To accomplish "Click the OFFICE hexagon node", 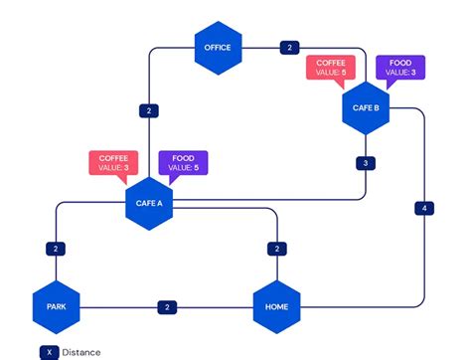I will tap(217, 48).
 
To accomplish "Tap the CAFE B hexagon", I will tap(366, 108).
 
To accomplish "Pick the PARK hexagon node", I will tap(56, 306).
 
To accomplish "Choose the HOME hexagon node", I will tap(276, 306).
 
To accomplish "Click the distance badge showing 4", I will tap(424, 208).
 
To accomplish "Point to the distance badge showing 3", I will tap(366, 163).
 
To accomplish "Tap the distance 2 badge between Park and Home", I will tap(167, 306).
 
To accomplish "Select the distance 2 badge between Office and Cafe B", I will tap(289, 48).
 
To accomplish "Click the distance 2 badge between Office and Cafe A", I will tap(149, 110).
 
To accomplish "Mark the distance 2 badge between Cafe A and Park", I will tap(56, 249).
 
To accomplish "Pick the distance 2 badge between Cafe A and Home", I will tap(276, 249).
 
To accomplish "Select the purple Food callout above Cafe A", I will tap(182, 162).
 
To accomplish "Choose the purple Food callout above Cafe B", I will tap(399, 67).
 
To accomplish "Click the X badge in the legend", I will tap(47, 351).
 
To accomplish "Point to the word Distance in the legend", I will tap(80, 351).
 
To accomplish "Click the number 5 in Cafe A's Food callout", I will tap(197, 168).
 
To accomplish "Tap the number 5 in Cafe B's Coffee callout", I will tap(345, 72).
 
